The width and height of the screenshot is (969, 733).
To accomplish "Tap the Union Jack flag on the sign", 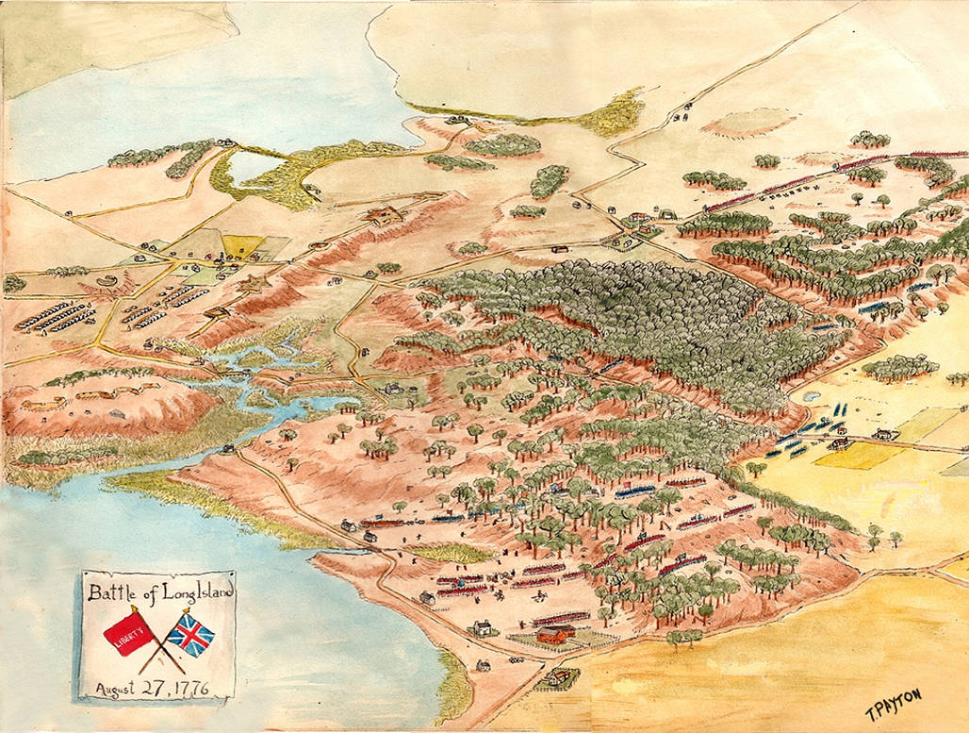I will pos(191,635).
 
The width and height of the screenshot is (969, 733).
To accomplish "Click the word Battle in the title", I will pos(112,593).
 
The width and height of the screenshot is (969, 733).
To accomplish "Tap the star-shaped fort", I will pos(253,283).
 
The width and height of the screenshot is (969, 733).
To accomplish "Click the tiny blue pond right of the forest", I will pos(809,398).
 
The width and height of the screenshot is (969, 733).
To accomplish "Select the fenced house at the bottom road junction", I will pos(557,675).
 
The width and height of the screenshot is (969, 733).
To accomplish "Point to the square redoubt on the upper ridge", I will pos(384,216).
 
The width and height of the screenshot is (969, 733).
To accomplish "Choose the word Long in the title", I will pos(166,593).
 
